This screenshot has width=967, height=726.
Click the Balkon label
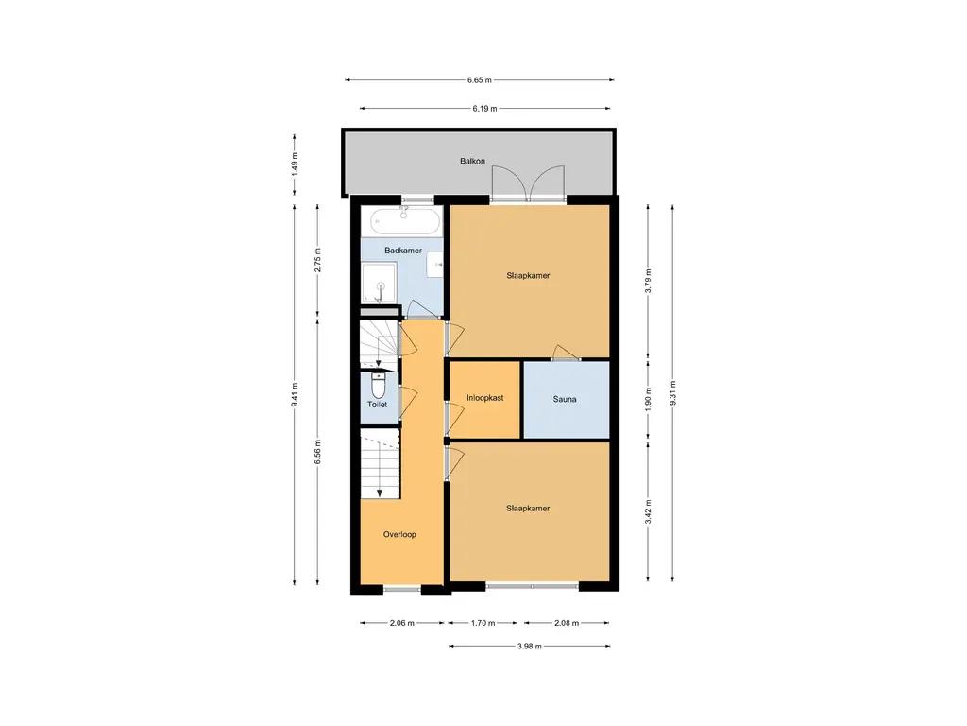[x=472, y=161]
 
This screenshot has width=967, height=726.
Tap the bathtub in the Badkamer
[x=406, y=221]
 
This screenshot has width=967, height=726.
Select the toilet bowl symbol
[x=378, y=386]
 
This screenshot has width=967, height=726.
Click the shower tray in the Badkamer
[x=380, y=284]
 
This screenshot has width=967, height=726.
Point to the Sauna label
[x=565, y=400]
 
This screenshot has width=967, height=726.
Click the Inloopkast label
[x=484, y=398]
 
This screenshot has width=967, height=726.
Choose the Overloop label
[x=399, y=535]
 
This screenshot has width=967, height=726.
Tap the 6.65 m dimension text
[x=479, y=80]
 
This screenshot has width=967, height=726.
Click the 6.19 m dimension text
[x=484, y=109]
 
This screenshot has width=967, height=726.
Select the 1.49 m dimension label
[x=295, y=164]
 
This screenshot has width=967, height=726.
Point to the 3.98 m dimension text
[x=529, y=647]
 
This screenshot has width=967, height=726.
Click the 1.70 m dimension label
[x=483, y=623]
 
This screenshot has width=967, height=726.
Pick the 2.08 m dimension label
[x=567, y=623]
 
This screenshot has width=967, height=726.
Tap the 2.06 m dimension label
[x=401, y=623]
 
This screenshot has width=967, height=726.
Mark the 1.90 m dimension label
[x=648, y=400]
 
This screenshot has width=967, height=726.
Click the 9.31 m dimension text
[x=672, y=392]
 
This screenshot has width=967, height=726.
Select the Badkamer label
[x=403, y=251]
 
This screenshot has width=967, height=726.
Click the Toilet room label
[x=378, y=405]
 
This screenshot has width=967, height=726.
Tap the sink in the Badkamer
[x=435, y=265]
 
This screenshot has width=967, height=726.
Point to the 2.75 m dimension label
[x=318, y=260]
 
